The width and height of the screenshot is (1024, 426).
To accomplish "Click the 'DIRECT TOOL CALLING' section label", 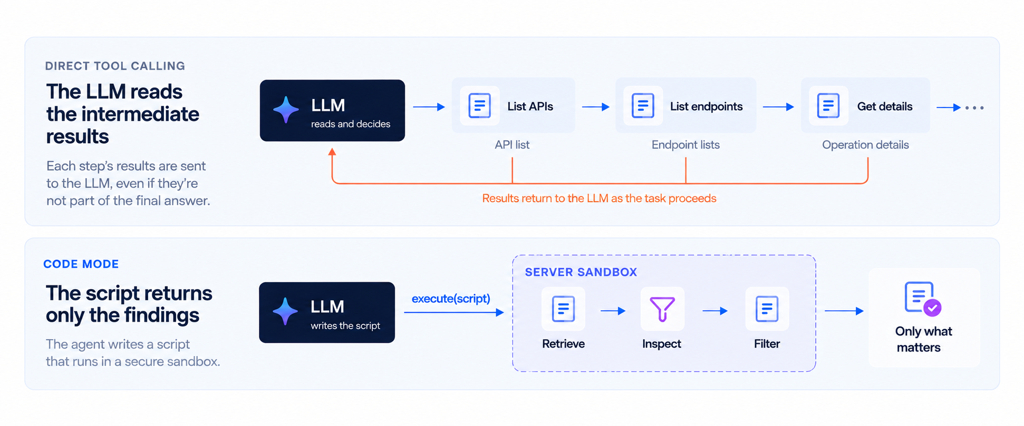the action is tap(115, 66).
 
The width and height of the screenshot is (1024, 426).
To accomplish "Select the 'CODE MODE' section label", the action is tap(81, 264).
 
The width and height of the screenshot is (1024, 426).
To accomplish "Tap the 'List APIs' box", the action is tap(513, 105).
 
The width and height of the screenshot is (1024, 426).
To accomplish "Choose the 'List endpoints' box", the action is tap(685, 105).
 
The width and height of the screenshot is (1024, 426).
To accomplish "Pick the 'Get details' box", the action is tap(865, 105).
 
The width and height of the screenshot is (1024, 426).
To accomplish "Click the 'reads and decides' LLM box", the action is tap(332, 111).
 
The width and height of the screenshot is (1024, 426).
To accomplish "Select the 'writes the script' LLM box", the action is tap(327, 312).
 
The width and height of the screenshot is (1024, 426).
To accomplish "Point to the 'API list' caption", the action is tap(512, 145).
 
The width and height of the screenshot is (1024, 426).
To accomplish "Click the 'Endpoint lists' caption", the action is tap(685, 145).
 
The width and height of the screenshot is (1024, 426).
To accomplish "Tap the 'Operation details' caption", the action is tap(865, 145).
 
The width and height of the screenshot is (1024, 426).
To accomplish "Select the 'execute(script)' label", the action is tap(451, 299).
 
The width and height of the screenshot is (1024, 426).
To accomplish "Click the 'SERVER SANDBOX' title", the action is tap(581, 272).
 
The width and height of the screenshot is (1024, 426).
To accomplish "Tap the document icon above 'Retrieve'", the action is tap(563, 309).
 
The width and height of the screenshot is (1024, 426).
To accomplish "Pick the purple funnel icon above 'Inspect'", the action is tap(662, 309).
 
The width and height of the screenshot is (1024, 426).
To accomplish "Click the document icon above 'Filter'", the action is tap(767, 309).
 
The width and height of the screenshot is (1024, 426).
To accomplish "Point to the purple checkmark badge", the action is tap(932, 308).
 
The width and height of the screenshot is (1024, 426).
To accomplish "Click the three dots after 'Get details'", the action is tap(974, 108).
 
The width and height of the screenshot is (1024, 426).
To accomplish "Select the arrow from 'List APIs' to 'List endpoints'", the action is tap(596, 107).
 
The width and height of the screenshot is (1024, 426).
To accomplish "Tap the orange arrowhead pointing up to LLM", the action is tap(332, 152).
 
